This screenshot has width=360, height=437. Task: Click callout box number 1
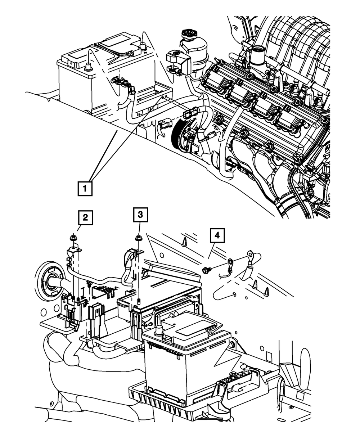(85, 188)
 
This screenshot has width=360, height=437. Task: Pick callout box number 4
(216, 236)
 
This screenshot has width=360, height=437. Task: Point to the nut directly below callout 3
(138, 238)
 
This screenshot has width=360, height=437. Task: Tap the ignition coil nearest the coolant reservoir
(217, 78)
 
